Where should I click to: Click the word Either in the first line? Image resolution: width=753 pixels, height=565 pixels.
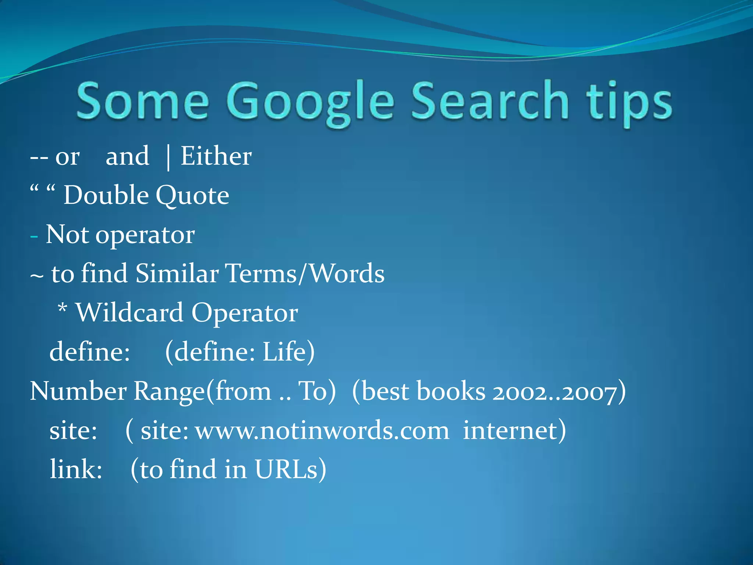216,156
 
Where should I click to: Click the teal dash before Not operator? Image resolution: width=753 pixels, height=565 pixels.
34,236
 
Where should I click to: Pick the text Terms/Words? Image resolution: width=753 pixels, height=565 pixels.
305,274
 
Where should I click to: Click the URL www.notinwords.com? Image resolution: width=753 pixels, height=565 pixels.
322,431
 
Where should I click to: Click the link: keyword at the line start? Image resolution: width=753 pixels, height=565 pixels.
76,470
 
